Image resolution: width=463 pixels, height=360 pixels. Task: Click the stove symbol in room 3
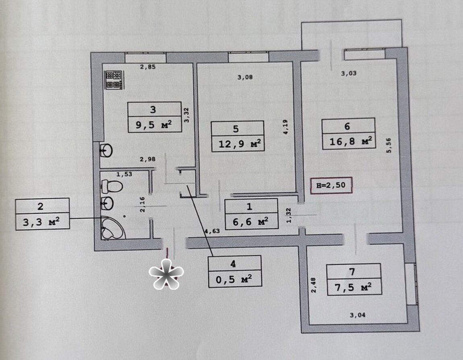(114, 80)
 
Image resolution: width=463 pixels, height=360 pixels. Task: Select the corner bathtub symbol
(113, 228)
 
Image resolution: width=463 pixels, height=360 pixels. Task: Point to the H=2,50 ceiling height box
(331, 185)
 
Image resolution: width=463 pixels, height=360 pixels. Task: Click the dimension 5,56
(388, 145)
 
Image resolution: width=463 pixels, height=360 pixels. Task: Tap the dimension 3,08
(245, 77)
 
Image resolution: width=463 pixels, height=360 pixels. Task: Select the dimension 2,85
(148, 67)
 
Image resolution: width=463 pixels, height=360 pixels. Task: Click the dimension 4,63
(212, 231)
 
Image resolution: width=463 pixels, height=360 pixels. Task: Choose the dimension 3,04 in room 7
(357, 315)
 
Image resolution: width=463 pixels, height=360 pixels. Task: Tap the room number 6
(347, 126)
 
